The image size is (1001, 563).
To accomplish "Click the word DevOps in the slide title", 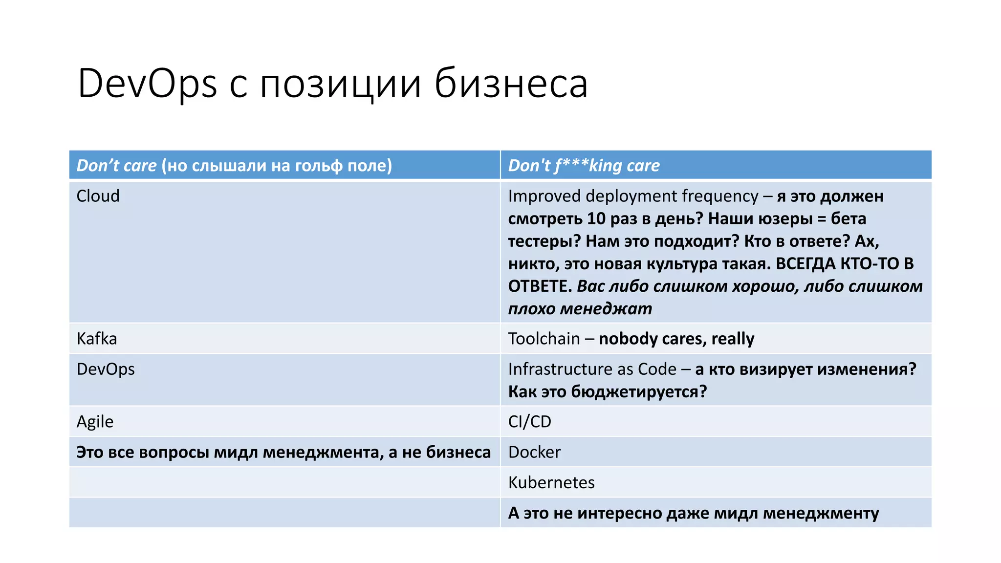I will [147, 84].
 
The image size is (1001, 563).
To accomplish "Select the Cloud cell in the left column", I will [98, 196].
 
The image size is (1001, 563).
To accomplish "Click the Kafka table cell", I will [97, 339].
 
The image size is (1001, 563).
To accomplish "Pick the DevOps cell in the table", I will [106, 369].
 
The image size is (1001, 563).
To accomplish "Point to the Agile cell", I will [95, 422].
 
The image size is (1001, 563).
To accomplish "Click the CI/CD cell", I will [529, 422].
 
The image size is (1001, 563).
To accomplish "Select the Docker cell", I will [534, 452].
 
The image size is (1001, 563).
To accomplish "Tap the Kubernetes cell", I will [551, 483].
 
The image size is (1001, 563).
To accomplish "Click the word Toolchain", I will [544, 339].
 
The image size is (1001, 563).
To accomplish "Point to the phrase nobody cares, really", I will [676, 339].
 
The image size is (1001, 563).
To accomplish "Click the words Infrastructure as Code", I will [592, 369].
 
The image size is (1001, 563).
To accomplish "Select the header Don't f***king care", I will [584, 166].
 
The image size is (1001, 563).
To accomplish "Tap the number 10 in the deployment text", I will [596, 218].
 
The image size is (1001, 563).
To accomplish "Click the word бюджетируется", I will [638, 391].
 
